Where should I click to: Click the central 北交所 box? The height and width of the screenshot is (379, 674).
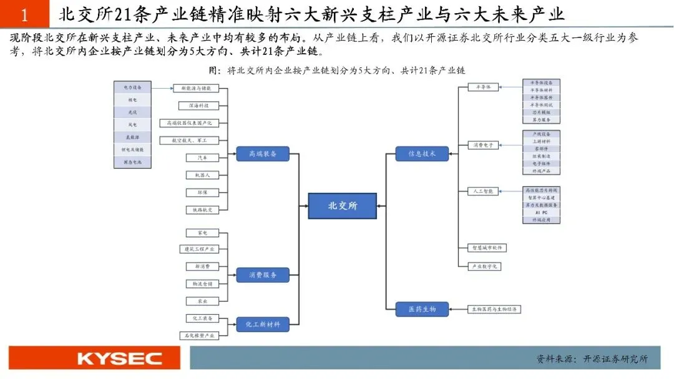[x=343, y=205]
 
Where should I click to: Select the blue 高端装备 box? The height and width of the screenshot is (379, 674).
[x=263, y=154]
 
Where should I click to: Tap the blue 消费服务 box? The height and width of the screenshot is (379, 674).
[x=263, y=274]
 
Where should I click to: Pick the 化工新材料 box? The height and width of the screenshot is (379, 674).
[x=263, y=324]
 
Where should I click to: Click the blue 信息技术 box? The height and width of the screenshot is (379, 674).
[x=422, y=154]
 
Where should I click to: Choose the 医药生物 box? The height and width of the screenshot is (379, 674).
[x=422, y=309]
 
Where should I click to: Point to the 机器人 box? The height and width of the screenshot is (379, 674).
[x=203, y=175]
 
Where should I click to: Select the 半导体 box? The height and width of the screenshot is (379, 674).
[x=484, y=87]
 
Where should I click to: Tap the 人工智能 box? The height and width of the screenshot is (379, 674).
[x=484, y=191]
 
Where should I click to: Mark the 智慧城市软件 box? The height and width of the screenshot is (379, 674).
[x=487, y=248]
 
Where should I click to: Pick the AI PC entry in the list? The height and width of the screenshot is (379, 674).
[x=541, y=212]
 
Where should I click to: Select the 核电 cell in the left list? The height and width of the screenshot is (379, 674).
[x=132, y=100]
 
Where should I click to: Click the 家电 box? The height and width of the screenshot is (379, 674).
[x=202, y=233]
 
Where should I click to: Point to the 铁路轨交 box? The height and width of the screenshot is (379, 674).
[x=202, y=210]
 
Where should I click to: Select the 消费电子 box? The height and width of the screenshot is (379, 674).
[x=484, y=145]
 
